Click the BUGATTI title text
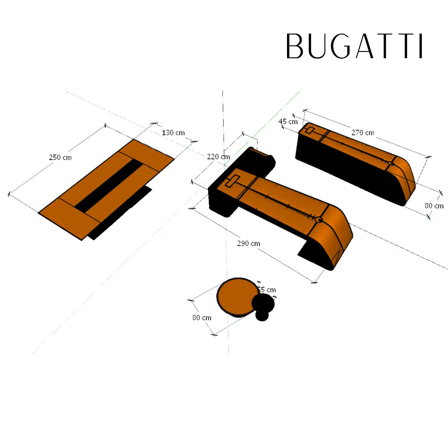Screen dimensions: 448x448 pyautogui.click(x=354, y=46)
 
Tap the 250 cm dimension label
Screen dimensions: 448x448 pyautogui.click(x=60, y=157)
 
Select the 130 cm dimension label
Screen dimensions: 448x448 pyautogui.click(x=173, y=133)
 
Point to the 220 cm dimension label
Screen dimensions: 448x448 pyautogui.click(x=218, y=157)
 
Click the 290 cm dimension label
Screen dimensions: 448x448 pyautogui.click(x=248, y=244)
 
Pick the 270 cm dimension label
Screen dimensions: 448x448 pyautogui.click(x=363, y=133)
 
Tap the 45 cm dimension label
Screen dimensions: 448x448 pyautogui.click(x=288, y=122)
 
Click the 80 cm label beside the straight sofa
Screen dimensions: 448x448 pyautogui.click(x=434, y=206)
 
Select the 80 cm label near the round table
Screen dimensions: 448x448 pyautogui.click(x=202, y=318)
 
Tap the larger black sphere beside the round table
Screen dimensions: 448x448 pyautogui.click(x=263, y=303)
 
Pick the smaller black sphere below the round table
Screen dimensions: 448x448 pyautogui.click(x=262, y=316)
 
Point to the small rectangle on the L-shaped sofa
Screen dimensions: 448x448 pyautogui.click(x=232, y=181)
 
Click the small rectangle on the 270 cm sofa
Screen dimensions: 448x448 pyautogui.click(x=309, y=130)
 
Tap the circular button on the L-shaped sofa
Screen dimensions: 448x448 pyautogui.click(x=318, y=220)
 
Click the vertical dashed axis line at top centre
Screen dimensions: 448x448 pyautogui.click(x=223, y=118)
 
